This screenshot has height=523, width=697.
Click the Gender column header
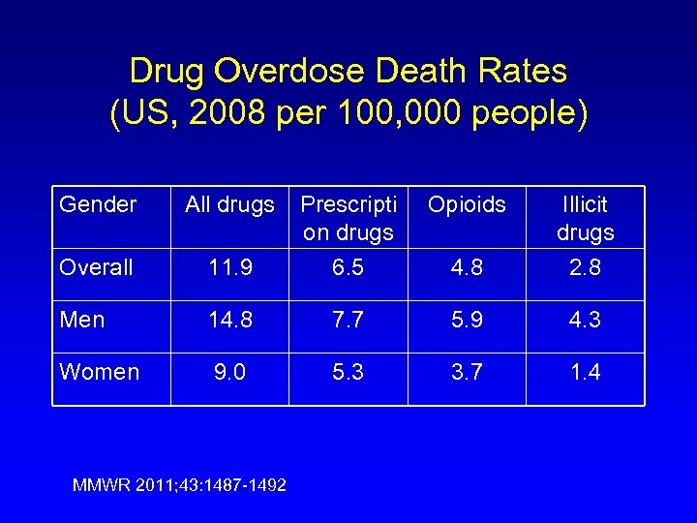[98, 204]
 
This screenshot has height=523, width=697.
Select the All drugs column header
[230, 204]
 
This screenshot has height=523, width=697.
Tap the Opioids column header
[467, 204]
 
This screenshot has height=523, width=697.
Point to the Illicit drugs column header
[585, 218]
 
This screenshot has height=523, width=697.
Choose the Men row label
[82, 320]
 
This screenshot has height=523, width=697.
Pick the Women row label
[99, 372]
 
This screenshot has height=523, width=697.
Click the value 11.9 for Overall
[230, 267]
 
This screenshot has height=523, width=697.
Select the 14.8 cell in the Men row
[230, 320]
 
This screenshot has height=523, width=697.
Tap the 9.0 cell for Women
[230, 372]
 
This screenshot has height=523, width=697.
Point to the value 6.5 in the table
[348, 267]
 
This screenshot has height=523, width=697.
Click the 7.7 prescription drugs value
[348, 320]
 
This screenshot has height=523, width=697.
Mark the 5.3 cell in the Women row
[348, 372]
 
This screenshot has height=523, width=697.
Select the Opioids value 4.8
[467, 267]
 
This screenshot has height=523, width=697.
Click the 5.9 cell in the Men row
[467, 320]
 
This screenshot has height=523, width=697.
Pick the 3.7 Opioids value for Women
[467, 372]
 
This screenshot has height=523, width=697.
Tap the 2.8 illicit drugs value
[585, 267]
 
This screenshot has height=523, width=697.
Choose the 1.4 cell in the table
[585, 372]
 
